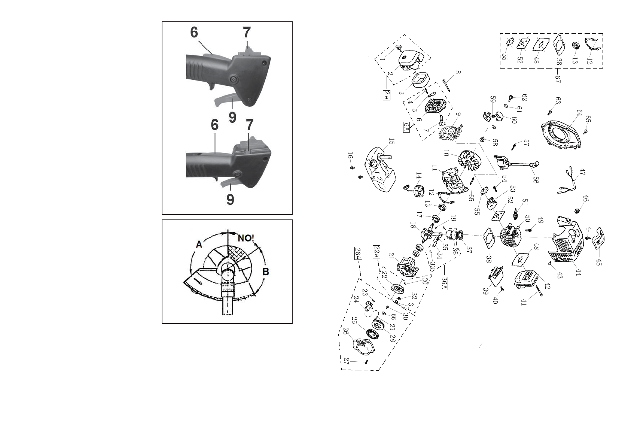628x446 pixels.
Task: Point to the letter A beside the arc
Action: tap(199, 244)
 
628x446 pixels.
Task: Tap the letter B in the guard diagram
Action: tap(265, 272)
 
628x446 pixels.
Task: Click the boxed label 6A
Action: tap(406, 127)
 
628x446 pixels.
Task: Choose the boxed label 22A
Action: tap(377, 252)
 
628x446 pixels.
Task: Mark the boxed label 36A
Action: tap(444, 283)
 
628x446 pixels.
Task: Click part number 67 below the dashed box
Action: tap(558, 79)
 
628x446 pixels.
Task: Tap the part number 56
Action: tap(536, 179)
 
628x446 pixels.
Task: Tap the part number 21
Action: tap(391, 255)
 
